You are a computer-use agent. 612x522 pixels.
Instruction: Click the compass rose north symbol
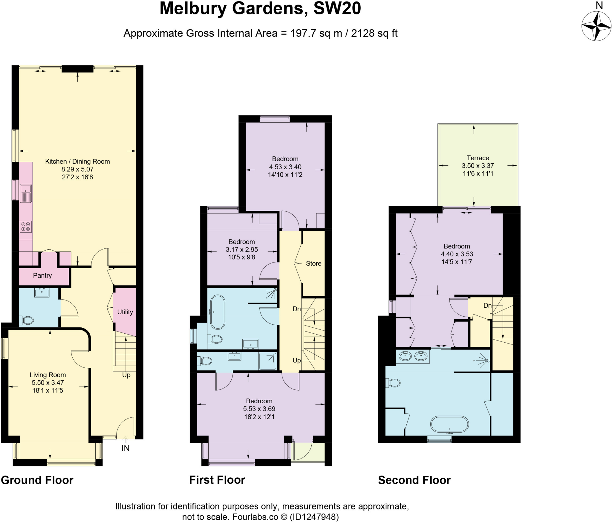click(596, 26)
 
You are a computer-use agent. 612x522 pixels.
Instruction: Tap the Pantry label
click(42, 275)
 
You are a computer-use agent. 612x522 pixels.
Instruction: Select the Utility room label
click(125, 312)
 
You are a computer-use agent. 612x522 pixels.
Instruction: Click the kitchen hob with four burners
click(26, 226)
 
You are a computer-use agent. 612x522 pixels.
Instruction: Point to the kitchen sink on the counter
click(26, 189)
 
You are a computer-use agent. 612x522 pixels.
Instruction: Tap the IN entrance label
click(126, 448)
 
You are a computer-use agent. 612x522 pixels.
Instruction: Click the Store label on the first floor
click(313, 263)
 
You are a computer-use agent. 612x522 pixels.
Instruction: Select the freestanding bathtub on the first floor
click(218, 312)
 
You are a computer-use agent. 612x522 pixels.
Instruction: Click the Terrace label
click(478, 158)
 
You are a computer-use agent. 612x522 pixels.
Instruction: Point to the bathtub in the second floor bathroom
click(449, 424)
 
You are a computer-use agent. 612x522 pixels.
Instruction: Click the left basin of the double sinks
click(406, 356)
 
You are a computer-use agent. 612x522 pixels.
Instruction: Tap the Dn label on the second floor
click(487, 305)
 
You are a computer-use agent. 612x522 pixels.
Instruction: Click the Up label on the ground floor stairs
click(126, 375)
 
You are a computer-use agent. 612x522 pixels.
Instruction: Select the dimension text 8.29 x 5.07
click(77, 169)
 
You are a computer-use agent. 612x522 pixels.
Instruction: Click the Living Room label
click(48, 375)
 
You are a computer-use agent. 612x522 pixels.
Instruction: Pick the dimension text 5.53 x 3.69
click(259, 409)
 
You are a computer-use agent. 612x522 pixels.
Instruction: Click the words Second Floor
click(414, 480)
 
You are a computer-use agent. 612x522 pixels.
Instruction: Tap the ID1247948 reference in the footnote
click(314, 517)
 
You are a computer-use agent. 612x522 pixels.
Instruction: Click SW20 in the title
click(337, 8)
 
